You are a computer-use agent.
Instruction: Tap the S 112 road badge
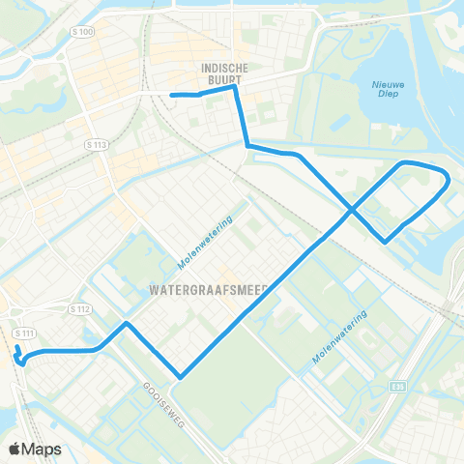pyautogui.click(x=80, y=309)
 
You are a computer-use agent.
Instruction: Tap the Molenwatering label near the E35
pyautogui.click(x=339, y=337)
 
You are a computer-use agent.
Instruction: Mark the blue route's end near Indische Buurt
pyautogui.click(x=172, y=95)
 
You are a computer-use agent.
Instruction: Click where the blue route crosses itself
pyautogui.click(x=351, y=209)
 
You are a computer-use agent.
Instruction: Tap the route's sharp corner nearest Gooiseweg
pyautogui.click(x=180, y=377)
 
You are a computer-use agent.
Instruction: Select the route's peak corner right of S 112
pyautogui.click(x=126, y=324)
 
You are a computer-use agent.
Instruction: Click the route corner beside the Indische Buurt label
pyautogui.click(x=235, y=88)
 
